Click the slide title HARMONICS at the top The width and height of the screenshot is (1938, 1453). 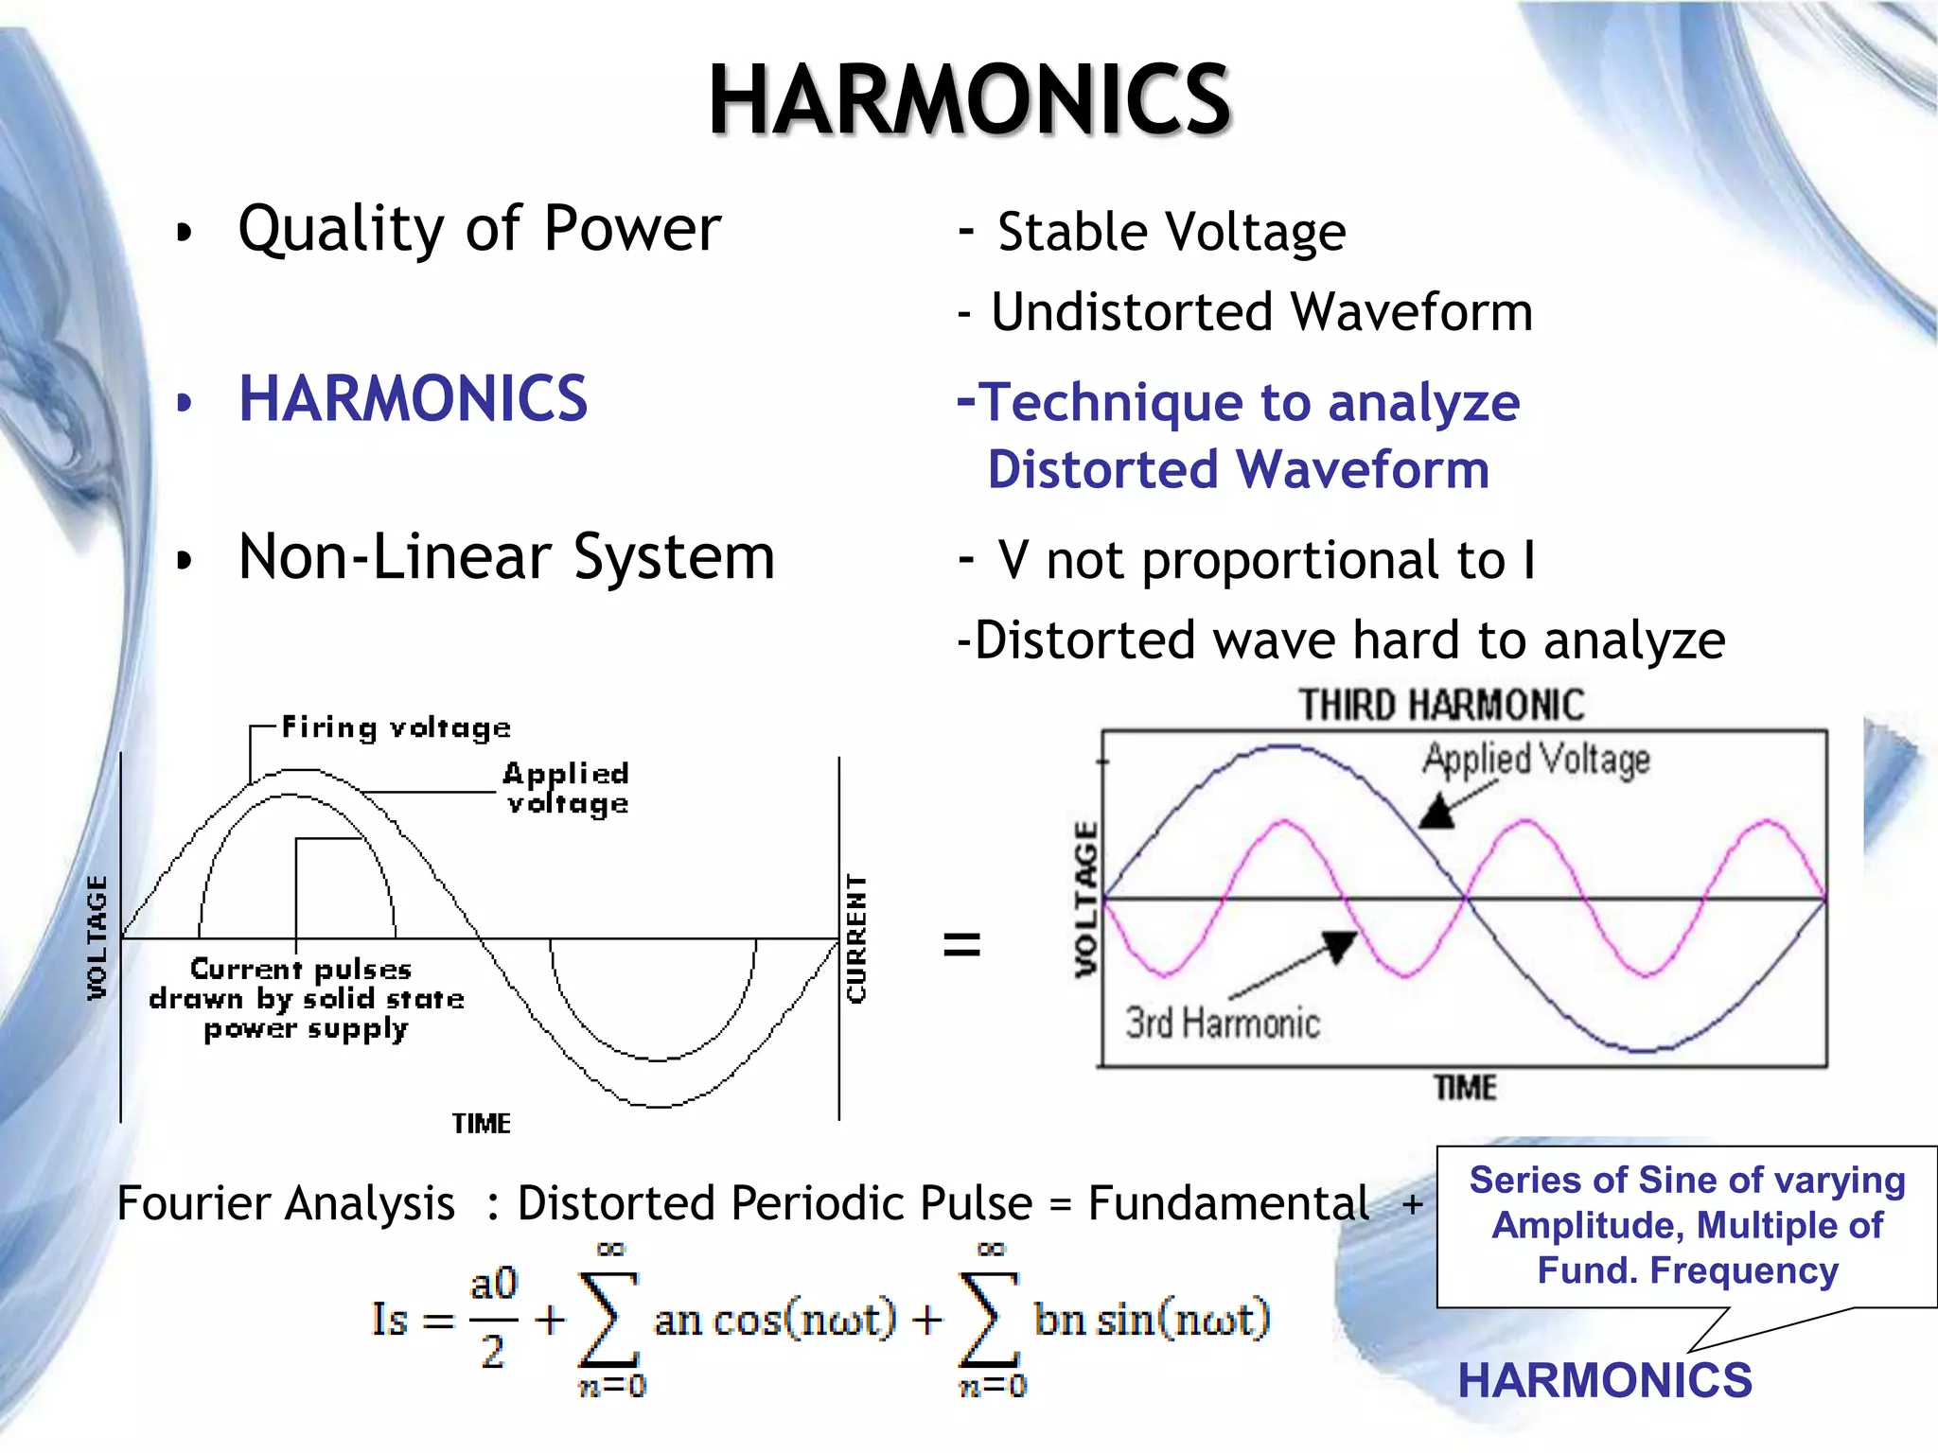coord(969,100)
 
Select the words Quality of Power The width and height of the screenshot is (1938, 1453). coord(479,230)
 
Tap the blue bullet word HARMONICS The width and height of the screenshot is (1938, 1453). coord(413,399)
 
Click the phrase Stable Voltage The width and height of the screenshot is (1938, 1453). coord(1171,233)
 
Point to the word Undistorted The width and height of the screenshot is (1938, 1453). coord(1132,312)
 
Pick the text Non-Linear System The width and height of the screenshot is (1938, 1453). coord(506,557)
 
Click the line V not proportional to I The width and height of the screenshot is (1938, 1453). coord(1265,560)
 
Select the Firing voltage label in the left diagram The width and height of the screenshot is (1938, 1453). coord(396,727)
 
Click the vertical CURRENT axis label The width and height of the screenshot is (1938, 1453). coord(855,937)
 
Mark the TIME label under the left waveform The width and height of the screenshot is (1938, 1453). coord(481,1124)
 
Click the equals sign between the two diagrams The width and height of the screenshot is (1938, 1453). coord(961,943)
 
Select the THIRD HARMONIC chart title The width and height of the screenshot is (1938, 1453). coord(1440,706)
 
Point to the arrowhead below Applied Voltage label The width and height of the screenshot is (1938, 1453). coord(1438,813)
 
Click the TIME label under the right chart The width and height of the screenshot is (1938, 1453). coord(1465,1088)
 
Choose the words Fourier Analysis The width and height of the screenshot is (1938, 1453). coord(286,1204)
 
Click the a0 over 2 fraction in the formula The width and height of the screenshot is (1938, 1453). coord(493,1318)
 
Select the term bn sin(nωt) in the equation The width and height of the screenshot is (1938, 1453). coord(1151,1319)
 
